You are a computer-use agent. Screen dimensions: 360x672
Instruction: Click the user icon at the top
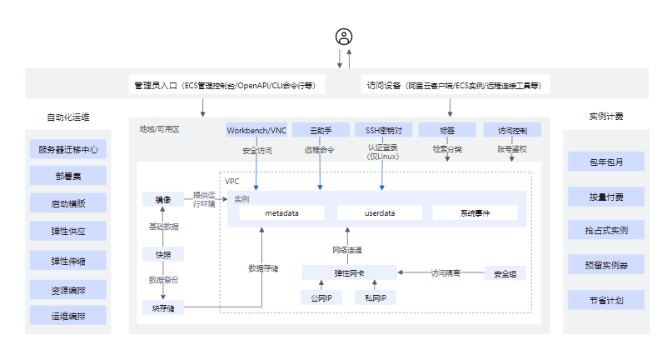click(x=344, y=37)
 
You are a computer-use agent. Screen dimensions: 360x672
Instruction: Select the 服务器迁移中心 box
click(x=68, y=150)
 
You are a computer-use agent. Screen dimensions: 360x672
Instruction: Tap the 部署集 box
click(x=68, y=176)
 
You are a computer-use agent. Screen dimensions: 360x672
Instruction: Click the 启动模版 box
click(x=68, y=203)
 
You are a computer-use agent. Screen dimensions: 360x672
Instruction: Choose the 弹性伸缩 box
click(x=68, y=261)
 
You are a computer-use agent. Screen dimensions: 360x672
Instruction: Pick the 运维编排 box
click(x=68, y=316)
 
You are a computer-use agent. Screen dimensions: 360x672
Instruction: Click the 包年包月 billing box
click(x=605, y=162)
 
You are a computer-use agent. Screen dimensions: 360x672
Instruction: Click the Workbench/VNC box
click(x=256, y=130)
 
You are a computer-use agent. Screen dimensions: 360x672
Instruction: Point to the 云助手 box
click(x=321, y=130)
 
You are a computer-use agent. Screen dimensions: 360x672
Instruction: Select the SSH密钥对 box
click(x=384, y=130)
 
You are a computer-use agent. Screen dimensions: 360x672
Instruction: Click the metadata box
click(x=282, y=213)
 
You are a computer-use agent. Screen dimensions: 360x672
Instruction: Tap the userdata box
click(x=379, y=213)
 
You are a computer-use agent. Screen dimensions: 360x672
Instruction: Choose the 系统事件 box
click(x=475, y=213)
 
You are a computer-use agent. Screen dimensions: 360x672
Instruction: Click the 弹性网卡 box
click(x=349, y=272)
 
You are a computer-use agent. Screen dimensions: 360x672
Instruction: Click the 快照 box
click(x=162, y=254)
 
